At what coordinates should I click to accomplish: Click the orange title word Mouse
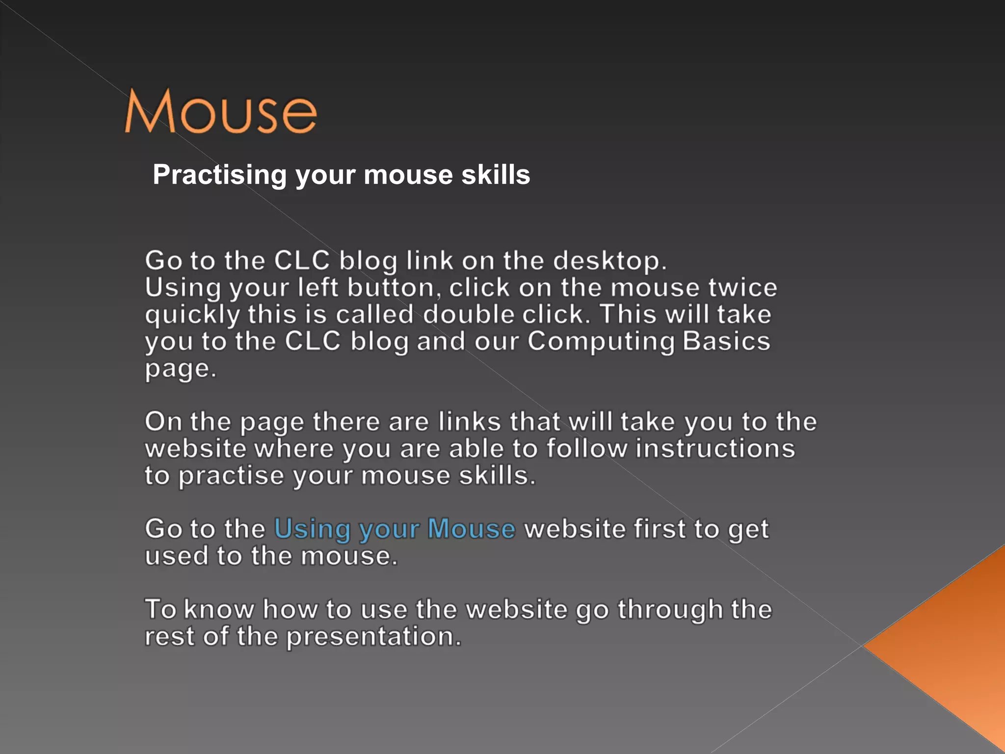click(x=221, y=112)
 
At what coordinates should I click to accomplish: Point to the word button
click(x=391, y=288)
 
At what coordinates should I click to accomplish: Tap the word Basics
click(x=726, y=341)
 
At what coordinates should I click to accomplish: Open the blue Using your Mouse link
click(x=395, y=530)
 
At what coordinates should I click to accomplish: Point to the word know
click(x=219, y=610)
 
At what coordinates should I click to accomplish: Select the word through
click(x=670, y=610)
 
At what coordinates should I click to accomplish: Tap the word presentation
click(x=373, y=637)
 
